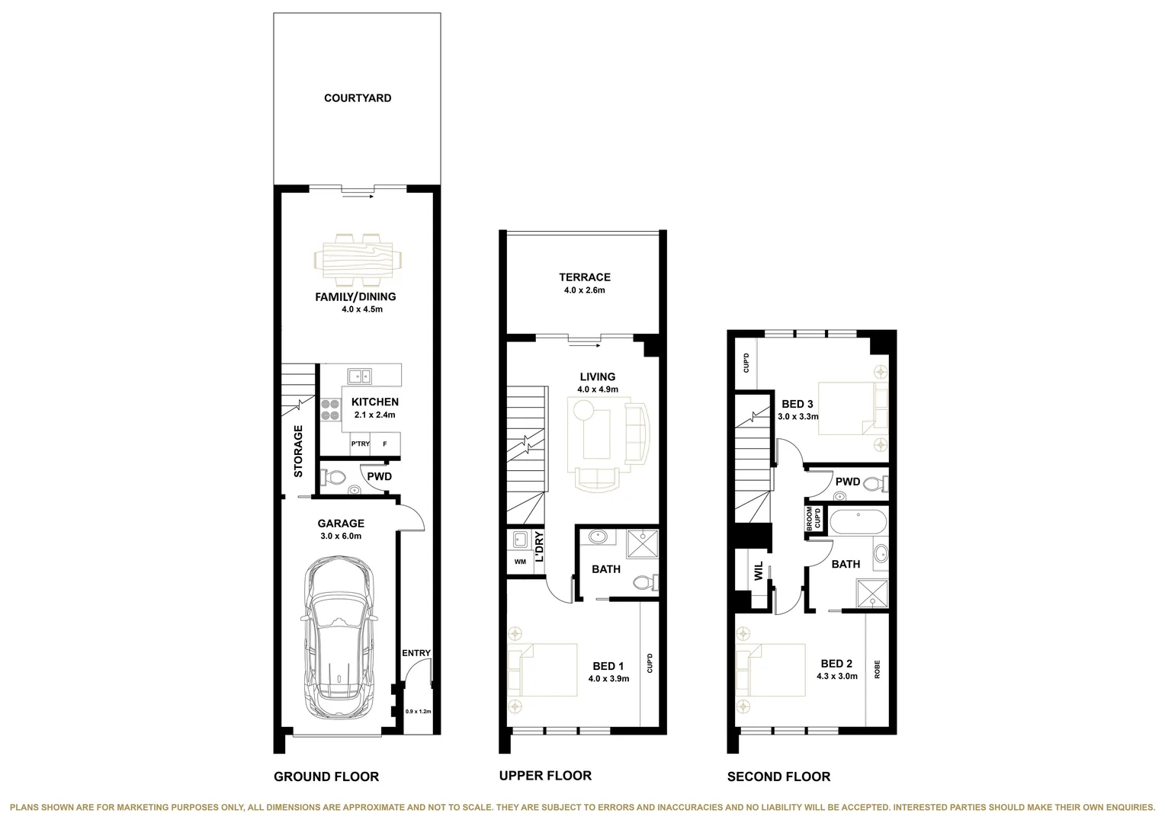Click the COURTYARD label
[x=358, y=98]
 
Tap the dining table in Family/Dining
[x=358, y=256]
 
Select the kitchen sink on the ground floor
[x=359, y=375]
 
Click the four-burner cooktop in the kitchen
[x=331, y=411]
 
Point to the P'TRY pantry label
[x=360, y=444]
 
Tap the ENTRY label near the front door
[x=416, y=653]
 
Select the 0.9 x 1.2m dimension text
[x=418, y=712]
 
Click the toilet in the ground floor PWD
[x=333, y=478]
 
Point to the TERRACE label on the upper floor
[x=585, y=277]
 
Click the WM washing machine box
[x=520, y=562]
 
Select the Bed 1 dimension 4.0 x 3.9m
[x=608, y=679]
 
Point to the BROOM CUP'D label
[x=814, y=518]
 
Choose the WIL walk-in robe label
[x=759, y=572]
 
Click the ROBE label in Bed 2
[x=878, y=669]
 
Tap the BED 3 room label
[x=798, y=404]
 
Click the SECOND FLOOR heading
[x=778, y=777]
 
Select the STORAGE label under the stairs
[x=298, y=451]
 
